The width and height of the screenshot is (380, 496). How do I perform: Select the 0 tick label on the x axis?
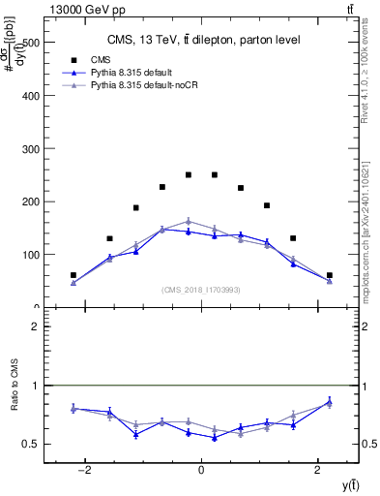pyautogui.click(x=201, y=470)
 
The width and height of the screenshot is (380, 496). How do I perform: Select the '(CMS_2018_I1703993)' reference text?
pyautogui.click(x=201, y=290)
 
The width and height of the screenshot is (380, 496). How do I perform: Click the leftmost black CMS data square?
pyautogui.click(x=73, y=275)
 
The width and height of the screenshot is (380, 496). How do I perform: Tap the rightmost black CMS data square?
pyautogui.click(x=330, y=275)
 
